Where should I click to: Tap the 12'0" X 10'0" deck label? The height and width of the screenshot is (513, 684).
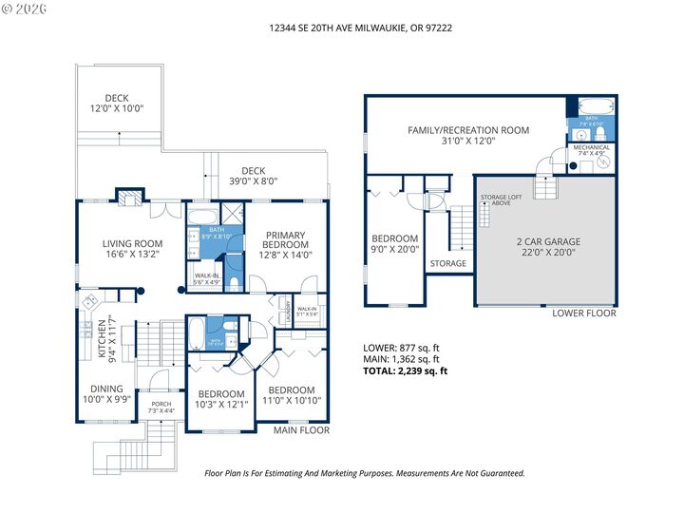(116, 104)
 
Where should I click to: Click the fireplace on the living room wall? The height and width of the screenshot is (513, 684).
(128, 197)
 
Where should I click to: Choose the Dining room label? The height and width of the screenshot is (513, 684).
(106, 394)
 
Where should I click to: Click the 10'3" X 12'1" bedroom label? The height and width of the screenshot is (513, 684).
(220, 399)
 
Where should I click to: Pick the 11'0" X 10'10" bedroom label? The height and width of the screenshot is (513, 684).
(291, 395)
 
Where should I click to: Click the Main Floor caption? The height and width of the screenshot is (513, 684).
(301, 430)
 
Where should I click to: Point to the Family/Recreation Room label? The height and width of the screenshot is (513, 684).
(468, 136)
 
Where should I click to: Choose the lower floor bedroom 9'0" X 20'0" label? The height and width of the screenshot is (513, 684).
(394, 244)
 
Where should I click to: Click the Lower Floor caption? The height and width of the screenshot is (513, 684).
(584, 313)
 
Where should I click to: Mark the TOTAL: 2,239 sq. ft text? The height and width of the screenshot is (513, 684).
(406, 371)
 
